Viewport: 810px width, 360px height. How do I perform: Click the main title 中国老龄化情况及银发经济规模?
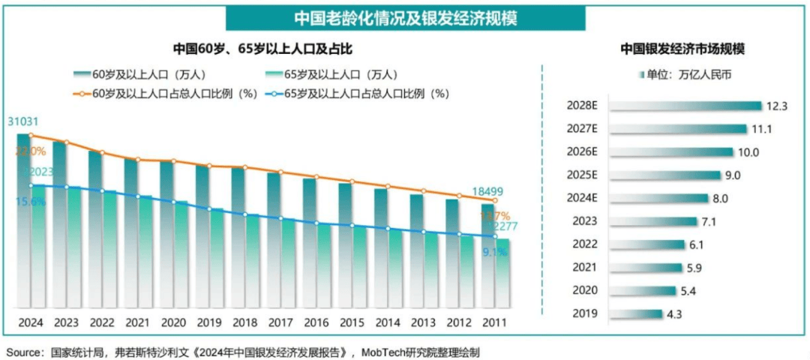coord(405,16)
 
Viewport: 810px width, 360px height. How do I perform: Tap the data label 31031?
coord(23,121)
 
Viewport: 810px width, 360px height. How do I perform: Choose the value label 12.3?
coord(775,106)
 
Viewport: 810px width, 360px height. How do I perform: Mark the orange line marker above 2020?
coord(173,161)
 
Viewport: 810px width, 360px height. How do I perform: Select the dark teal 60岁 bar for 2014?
coord(381,247)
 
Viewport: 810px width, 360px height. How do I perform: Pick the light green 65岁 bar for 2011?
coord(504,274)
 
